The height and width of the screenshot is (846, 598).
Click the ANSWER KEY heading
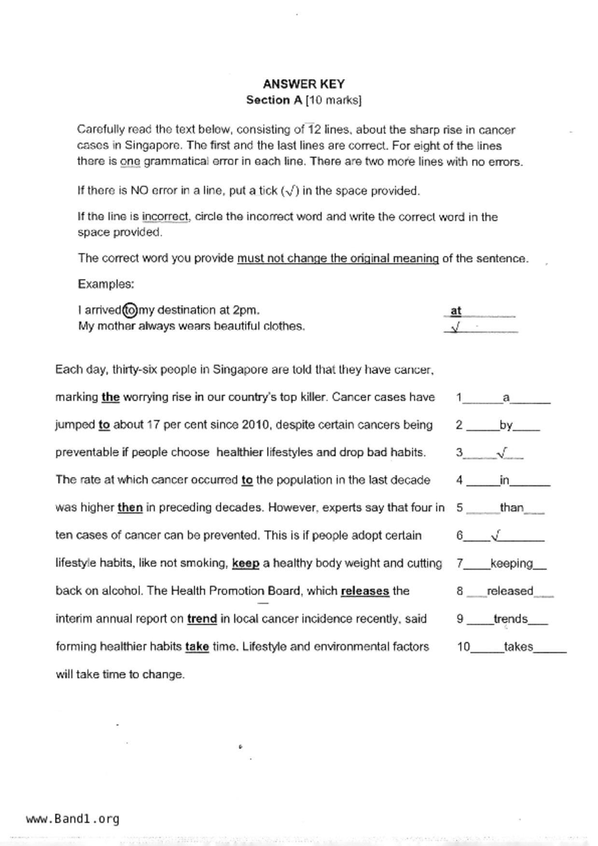(x=304, y=84)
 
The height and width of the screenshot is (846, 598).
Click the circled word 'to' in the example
(x=130, y=310)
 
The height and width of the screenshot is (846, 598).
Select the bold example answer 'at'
(x=456, y=311)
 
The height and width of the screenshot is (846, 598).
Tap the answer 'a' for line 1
(x=506, y=398)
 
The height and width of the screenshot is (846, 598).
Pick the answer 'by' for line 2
(x=506, y=425)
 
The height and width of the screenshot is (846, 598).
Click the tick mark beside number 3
(x=502, y=452)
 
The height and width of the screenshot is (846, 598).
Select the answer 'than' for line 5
(x=512, y=507)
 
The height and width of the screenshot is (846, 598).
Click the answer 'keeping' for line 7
(x=512, y=563)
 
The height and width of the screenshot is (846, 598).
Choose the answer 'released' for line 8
(x=510, y=591)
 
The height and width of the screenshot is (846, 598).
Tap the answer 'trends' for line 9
(x=511, y=619)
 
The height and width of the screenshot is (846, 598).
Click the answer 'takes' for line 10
(x=518, y=647)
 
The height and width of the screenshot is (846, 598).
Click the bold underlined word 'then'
(x=130, y=507)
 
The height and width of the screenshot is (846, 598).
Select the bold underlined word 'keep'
(x=246, y=563)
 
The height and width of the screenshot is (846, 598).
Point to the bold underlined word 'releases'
(x=365, y=591)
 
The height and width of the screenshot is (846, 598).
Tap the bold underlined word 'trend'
(x=202, y=619)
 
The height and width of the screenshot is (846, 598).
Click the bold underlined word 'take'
(x=197, y=647)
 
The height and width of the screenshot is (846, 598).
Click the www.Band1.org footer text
(x=72, y=819)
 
